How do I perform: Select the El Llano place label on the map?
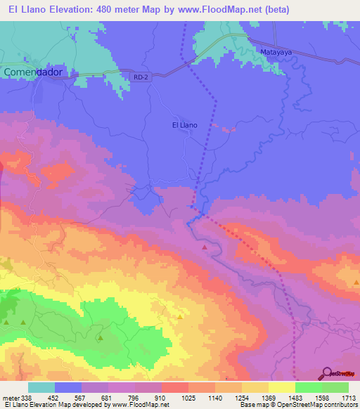(x=185, y=125)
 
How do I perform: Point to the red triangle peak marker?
(x=205, y=247)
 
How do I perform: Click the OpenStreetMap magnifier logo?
(x=327, y=373)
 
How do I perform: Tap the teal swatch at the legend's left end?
(x=41, y=387)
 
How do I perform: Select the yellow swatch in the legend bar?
(x=281, y=387)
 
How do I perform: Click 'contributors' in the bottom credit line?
(x=341, y=405)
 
